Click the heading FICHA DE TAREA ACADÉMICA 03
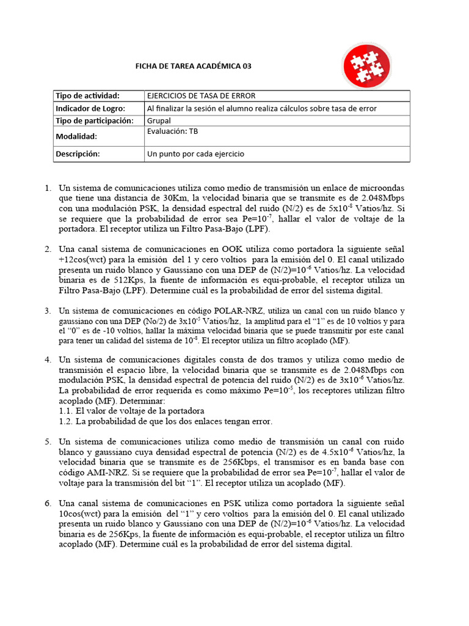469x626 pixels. (x=192, y=66)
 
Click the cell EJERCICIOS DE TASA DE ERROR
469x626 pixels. (x=201, y=96)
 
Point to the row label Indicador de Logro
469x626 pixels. (x=90, y=108)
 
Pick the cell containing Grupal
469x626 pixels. (x=159, y=120)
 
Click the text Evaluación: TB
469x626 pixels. (x=172, y=131)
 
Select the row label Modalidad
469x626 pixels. (x=76, y=137)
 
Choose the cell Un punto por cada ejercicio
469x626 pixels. (x=195, y=154)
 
